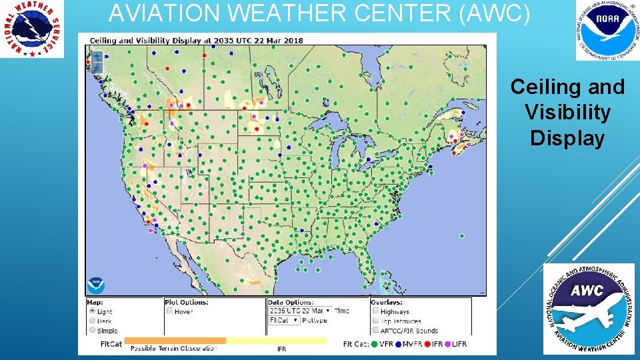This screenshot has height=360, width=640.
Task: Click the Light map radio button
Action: [92, 311]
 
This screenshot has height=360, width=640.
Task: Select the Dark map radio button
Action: [92, 321]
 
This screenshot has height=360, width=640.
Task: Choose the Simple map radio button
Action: [92, 330]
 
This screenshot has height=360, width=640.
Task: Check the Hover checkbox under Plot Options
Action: [169, 311]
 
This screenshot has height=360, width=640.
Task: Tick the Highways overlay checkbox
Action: [376, 311]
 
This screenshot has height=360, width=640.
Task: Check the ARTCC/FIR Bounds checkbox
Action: [376, 330]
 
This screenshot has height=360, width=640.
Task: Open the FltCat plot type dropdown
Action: [284, 320]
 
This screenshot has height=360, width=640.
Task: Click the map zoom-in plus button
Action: [97, 56]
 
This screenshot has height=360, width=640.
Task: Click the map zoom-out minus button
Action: [97, 67]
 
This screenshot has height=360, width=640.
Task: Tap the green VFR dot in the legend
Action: [373, 344]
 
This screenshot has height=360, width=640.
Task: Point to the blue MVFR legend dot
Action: [399, 344]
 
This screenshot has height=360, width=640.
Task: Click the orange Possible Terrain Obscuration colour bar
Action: [175, 341]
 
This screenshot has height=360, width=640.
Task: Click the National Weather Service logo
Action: [32, 29]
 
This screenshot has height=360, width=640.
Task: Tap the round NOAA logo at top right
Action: [605, 29]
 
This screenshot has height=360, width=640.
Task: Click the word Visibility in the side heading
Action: [567, 113]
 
